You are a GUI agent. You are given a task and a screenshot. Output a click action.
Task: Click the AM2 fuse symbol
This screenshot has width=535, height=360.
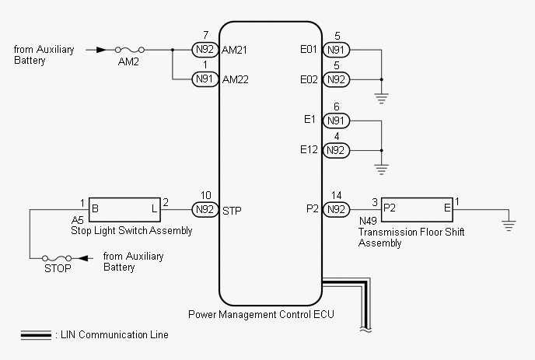coord(130,51)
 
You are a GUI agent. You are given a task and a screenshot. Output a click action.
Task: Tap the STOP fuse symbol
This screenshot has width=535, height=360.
coord(57,258)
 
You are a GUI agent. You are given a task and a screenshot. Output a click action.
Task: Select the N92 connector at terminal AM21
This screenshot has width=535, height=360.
coord(205,50)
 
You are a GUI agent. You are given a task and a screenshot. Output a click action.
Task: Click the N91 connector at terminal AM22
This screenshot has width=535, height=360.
coord(205,79)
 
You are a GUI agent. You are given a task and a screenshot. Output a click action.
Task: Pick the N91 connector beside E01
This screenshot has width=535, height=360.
coord(336,50)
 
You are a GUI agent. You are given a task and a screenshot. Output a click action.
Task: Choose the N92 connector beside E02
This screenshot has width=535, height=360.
coord(336,79)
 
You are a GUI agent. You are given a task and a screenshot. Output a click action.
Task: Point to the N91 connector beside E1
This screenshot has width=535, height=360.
coord(336,121)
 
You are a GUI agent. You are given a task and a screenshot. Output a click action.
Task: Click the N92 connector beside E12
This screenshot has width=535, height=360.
coord(336,150)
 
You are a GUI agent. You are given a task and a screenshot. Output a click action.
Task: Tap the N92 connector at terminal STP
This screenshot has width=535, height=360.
coord(205,209)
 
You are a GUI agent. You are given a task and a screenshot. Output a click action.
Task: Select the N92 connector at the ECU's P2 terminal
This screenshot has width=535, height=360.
coord(336,209)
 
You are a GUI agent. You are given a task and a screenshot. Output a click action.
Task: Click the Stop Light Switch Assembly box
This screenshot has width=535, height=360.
coord(124,209)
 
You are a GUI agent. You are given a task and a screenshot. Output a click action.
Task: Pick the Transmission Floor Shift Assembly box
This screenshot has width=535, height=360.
coord(417,209)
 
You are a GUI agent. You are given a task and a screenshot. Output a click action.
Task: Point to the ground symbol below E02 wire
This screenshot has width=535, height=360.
coord(382,98)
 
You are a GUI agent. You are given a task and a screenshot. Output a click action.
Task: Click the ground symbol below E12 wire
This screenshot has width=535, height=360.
coord(382,170)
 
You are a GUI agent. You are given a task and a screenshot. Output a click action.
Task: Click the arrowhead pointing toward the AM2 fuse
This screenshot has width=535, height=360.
coord(101,50)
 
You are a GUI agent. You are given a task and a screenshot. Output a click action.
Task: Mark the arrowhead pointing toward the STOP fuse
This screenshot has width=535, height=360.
coord(84,258)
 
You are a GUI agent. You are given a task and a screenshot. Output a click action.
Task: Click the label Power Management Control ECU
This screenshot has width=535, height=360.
coord(261,314)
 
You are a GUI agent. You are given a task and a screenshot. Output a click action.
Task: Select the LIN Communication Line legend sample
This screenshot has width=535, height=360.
coord(36,335)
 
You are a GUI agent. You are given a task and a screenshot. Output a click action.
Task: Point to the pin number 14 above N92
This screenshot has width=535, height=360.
coord(336,195)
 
